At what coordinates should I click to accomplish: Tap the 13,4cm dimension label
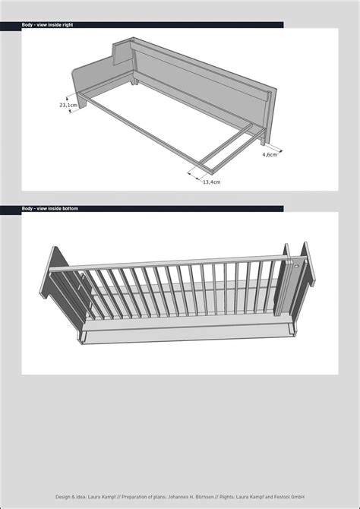coord(212,182)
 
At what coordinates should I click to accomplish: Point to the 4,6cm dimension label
coord(270,154)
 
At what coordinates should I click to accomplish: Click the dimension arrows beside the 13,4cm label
coord(195,175)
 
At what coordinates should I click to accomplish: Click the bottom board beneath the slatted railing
coord(186,331)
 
